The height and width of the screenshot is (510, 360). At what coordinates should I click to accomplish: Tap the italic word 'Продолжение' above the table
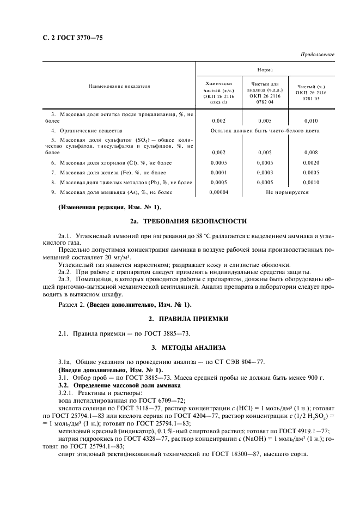(317, 55)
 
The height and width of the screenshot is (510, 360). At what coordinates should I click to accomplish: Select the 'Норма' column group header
(265, 70)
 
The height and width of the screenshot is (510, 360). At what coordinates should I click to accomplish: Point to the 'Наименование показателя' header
(119, 86)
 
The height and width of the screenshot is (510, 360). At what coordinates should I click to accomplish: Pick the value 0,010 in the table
(311, 120)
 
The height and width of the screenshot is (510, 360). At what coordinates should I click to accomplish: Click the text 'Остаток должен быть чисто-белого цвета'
(265, 131)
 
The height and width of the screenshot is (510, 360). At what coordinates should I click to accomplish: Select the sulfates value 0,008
(311, 153)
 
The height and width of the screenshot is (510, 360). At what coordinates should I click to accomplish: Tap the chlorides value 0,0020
(311, 163)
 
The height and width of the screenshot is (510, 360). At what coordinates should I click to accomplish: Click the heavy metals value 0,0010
(311, 183)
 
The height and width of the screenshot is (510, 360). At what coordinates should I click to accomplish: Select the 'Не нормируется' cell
(287, 192)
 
